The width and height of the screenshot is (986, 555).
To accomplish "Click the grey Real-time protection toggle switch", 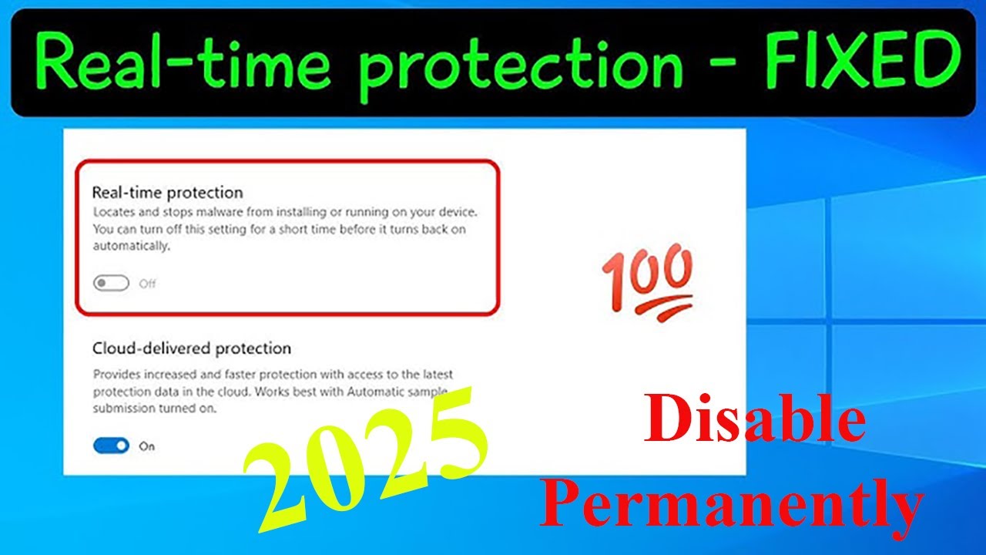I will (111, 284).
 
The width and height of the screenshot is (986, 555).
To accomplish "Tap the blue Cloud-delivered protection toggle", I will (111, 446).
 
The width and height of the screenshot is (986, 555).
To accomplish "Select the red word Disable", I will (755, 422).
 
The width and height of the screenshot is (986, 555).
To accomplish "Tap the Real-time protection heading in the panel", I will (167, 192).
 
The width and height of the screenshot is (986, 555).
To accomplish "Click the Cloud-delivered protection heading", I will (192, 348).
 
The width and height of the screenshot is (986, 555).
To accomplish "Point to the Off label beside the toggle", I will (147, 284).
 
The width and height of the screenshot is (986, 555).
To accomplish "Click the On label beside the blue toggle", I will (146, 446).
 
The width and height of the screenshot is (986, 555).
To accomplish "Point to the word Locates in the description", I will (112, 211).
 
